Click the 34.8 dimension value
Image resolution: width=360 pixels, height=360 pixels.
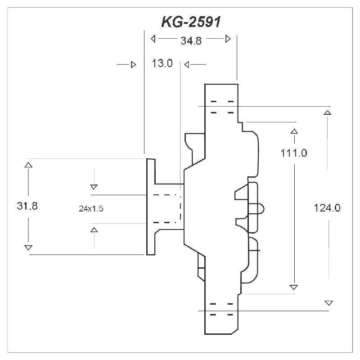(x=190, y=40)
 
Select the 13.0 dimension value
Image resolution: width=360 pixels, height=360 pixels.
(x=162, y=64)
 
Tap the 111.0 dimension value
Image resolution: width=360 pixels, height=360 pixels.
(x=293, y=153)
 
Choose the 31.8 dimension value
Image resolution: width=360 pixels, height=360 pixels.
(x=27, y=206)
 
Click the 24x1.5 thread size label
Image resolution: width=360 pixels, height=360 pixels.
(x=91, y=208)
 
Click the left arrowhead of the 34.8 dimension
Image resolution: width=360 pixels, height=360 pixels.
(x=153, y=39)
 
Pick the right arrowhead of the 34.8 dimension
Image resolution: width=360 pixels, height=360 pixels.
(x=228, y=39)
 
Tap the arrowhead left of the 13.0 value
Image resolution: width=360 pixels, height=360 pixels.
(x=133, y=65)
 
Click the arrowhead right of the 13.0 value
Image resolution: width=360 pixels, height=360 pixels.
(x=187, y=65)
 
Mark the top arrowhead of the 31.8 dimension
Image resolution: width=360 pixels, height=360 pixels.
(x=28, y=165)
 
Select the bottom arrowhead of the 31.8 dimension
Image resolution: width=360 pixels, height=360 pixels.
(x=28, y=248)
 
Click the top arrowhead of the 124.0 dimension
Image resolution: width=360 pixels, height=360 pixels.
(x=328, y=112)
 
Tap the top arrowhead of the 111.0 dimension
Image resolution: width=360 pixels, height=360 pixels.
(x=294, y=131)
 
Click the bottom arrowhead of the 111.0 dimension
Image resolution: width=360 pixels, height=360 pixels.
(x=294, y=287)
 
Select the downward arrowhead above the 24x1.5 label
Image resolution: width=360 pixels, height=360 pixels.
(x=94, y=187)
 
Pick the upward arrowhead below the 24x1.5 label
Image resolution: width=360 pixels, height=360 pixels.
(x=94, y=230)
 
